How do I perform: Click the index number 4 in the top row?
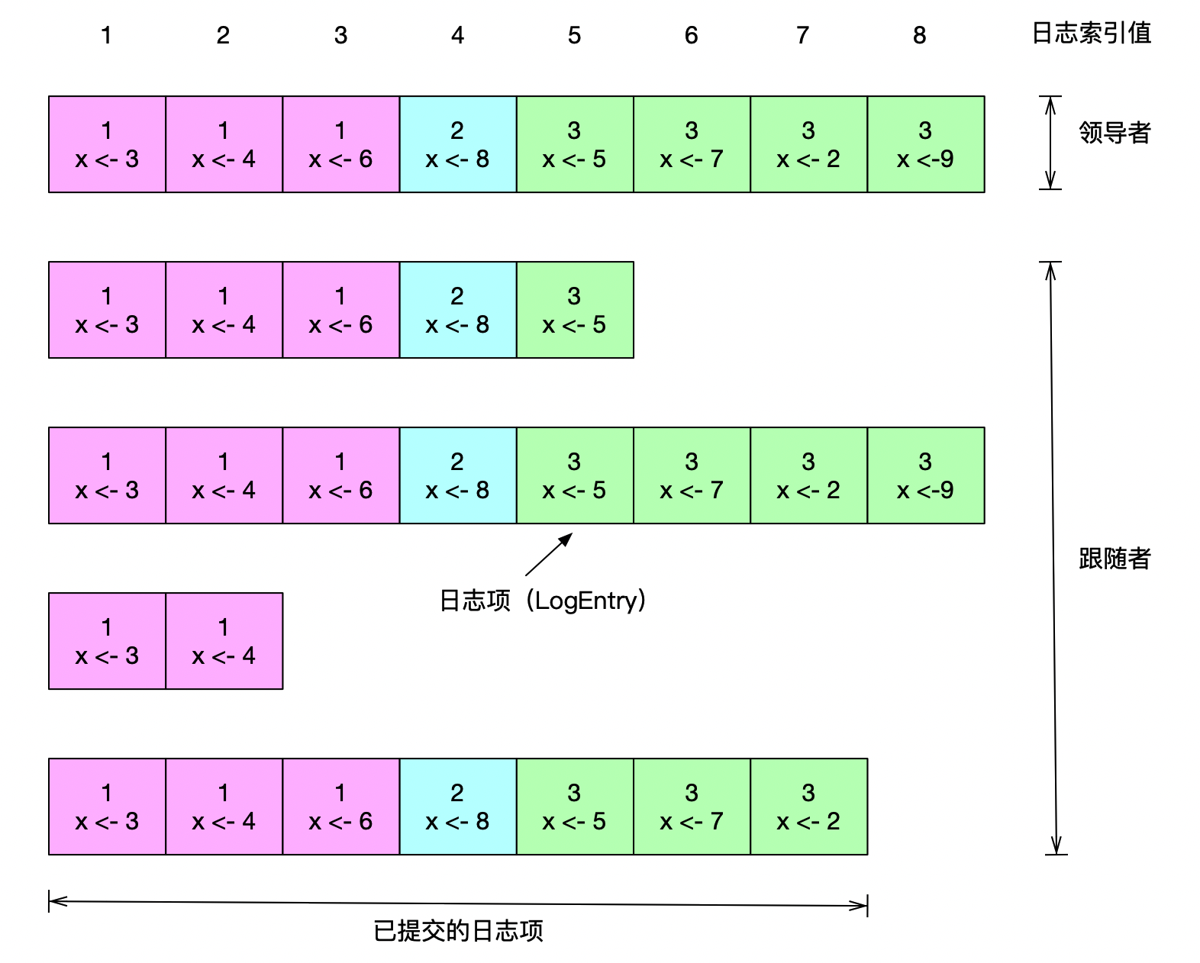tap(457, 35)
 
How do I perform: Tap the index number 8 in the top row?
tap(919, 35)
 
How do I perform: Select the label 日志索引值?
tap(1091, 34)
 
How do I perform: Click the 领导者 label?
tap(1114, 133)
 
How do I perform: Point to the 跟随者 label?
tap(1114, 559)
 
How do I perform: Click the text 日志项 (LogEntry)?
tap(543, 601)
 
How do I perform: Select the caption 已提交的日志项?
tap(458, 931)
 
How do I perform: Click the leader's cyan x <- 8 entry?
tap(458, 144)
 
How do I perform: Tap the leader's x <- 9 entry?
tap(925, 144)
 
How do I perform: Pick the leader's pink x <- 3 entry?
tap(107, 144)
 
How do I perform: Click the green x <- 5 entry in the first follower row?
tap(575, 310)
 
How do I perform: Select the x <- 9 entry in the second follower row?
tap(925, 475)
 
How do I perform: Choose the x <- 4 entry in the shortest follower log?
tap(224, 641)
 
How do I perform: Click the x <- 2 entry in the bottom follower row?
tap(808, 807)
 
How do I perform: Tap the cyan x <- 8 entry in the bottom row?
tap(458, 807)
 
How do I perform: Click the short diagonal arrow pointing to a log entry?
tap(548, 555)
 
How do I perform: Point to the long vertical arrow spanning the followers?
tap(1053, 558)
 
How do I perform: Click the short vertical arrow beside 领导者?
tap(1050, 143)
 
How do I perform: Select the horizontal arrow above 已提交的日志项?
tap(458, 903)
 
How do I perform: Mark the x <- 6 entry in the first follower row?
tap(340, 310)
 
